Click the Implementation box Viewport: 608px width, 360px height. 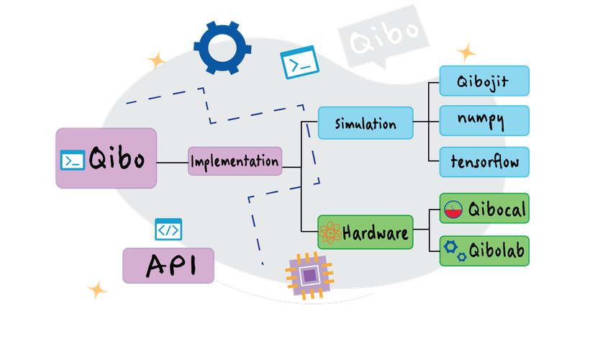pos(235,162)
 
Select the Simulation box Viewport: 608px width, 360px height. pos(366,124)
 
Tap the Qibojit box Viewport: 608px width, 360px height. pos(484,81)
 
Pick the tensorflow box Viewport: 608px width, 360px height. pos(484,161)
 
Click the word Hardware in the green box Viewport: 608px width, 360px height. pos(376,233)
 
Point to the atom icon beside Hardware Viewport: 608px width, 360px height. pos(330,233)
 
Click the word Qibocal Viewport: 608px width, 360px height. pos(497,210)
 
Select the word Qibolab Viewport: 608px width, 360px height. pos(497,251)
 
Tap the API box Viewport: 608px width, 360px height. pos(168,265)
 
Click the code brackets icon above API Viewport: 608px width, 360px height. pos(168,230)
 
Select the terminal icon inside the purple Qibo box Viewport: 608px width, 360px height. pos(73,160)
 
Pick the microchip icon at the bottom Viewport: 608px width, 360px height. pos(309,275)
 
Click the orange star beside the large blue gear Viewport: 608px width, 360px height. pos(155,58)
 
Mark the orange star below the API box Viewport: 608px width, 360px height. pos(97,290)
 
